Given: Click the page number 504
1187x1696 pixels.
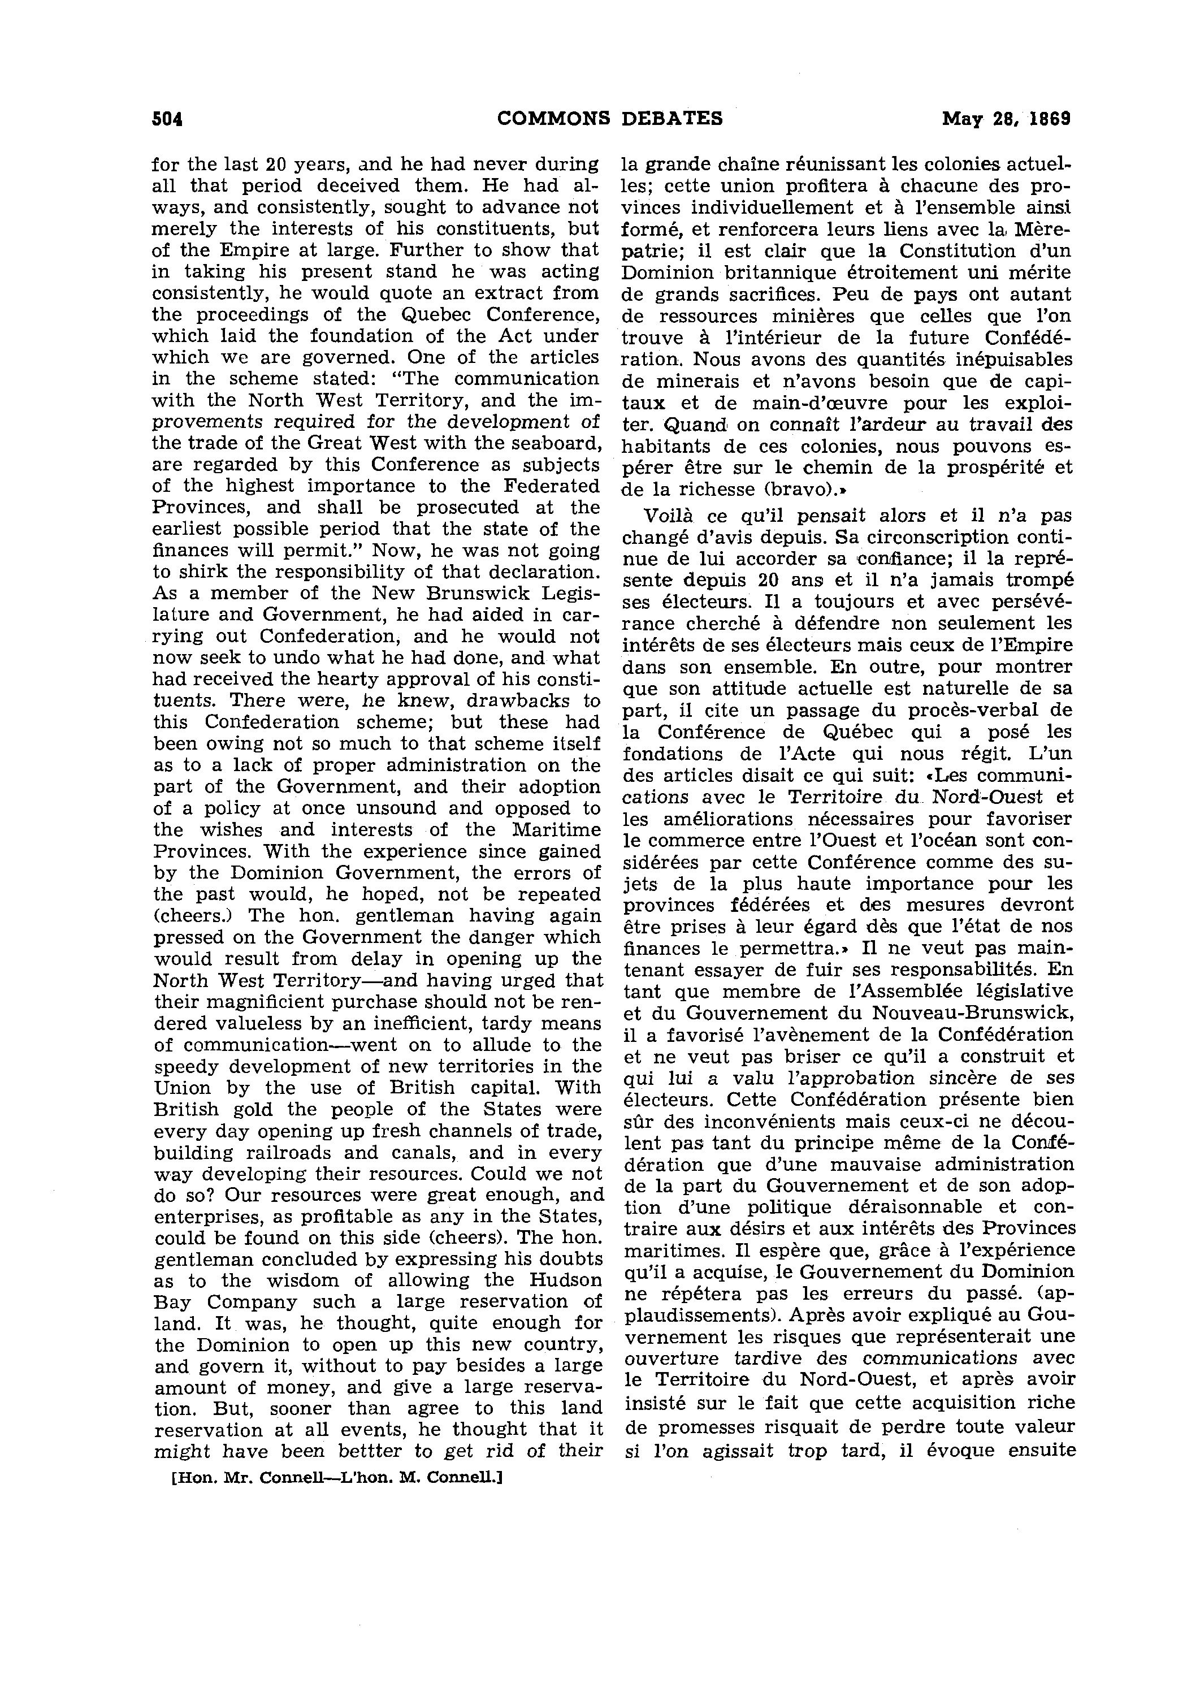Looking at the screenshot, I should [167, 119].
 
